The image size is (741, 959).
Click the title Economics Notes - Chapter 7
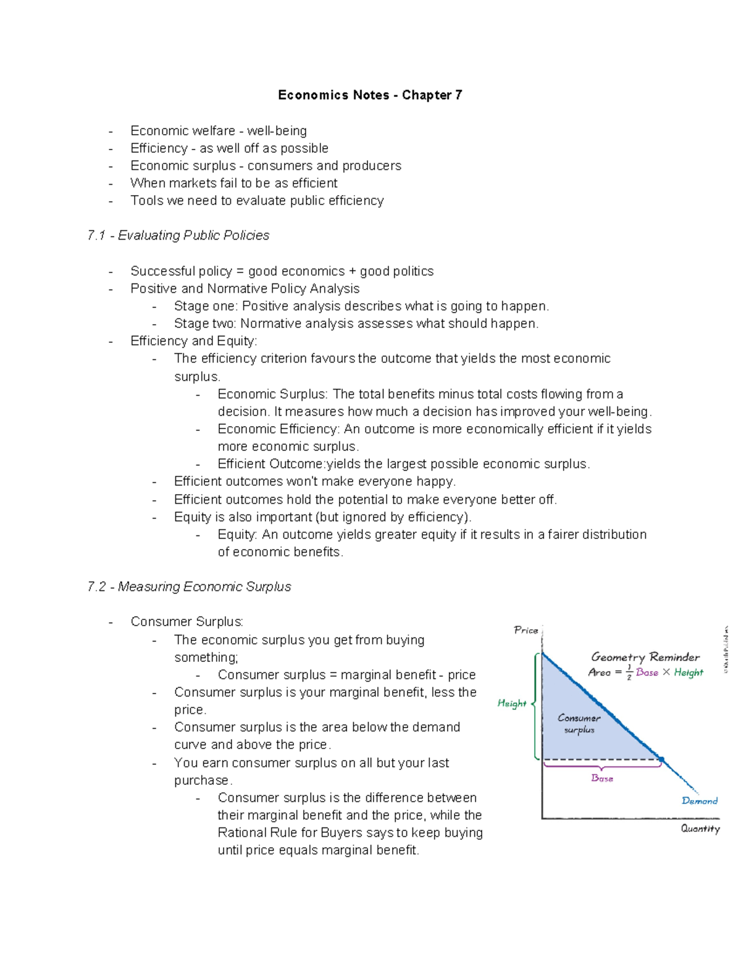coord(370,95)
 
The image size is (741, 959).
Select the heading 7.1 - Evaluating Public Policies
coord(178,235)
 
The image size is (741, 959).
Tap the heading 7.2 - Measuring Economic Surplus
coord(189,587)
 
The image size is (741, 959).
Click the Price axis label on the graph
coord(526,630)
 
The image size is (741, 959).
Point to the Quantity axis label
coord(700,829)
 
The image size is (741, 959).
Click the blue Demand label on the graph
coord(700,801)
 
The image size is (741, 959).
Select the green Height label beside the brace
coord(512,703)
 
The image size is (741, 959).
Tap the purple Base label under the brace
coord(602,779)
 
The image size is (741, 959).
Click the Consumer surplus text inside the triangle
coord(579,724)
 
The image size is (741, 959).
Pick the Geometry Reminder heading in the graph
coord(645,657)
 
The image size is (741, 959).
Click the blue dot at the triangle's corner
coord(661,760)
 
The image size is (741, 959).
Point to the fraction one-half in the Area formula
coord(629,672)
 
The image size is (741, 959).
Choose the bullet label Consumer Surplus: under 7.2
coord(187,622)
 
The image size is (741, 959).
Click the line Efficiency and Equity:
coord(194,341)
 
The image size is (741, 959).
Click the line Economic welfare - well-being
coord(219,131)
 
